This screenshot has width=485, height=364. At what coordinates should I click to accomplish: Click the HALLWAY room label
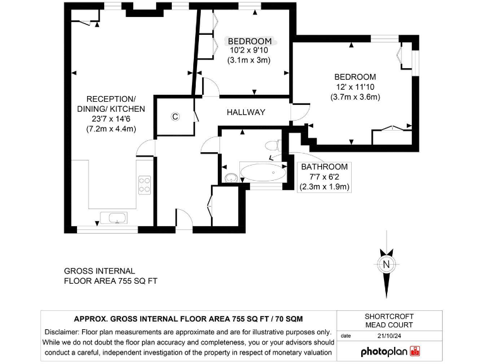pos(246,112)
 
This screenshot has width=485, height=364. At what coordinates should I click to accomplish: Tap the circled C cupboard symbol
pos(176,116)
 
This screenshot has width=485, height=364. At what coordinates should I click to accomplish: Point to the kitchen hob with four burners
pos(145,184)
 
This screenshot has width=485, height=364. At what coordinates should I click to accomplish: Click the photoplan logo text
pos(384,351)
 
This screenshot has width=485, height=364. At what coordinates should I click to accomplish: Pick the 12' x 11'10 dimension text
pos(355,87)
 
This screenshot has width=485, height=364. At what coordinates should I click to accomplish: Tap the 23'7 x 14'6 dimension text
pos(111,118)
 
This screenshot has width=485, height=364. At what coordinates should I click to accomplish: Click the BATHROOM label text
pos(324,167)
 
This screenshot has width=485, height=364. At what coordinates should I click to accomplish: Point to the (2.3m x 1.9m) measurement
pos(325,186)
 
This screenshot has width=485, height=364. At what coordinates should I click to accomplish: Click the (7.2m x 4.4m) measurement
pos(111,128)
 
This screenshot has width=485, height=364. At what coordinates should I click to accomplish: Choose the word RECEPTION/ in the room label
pos(111,99)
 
